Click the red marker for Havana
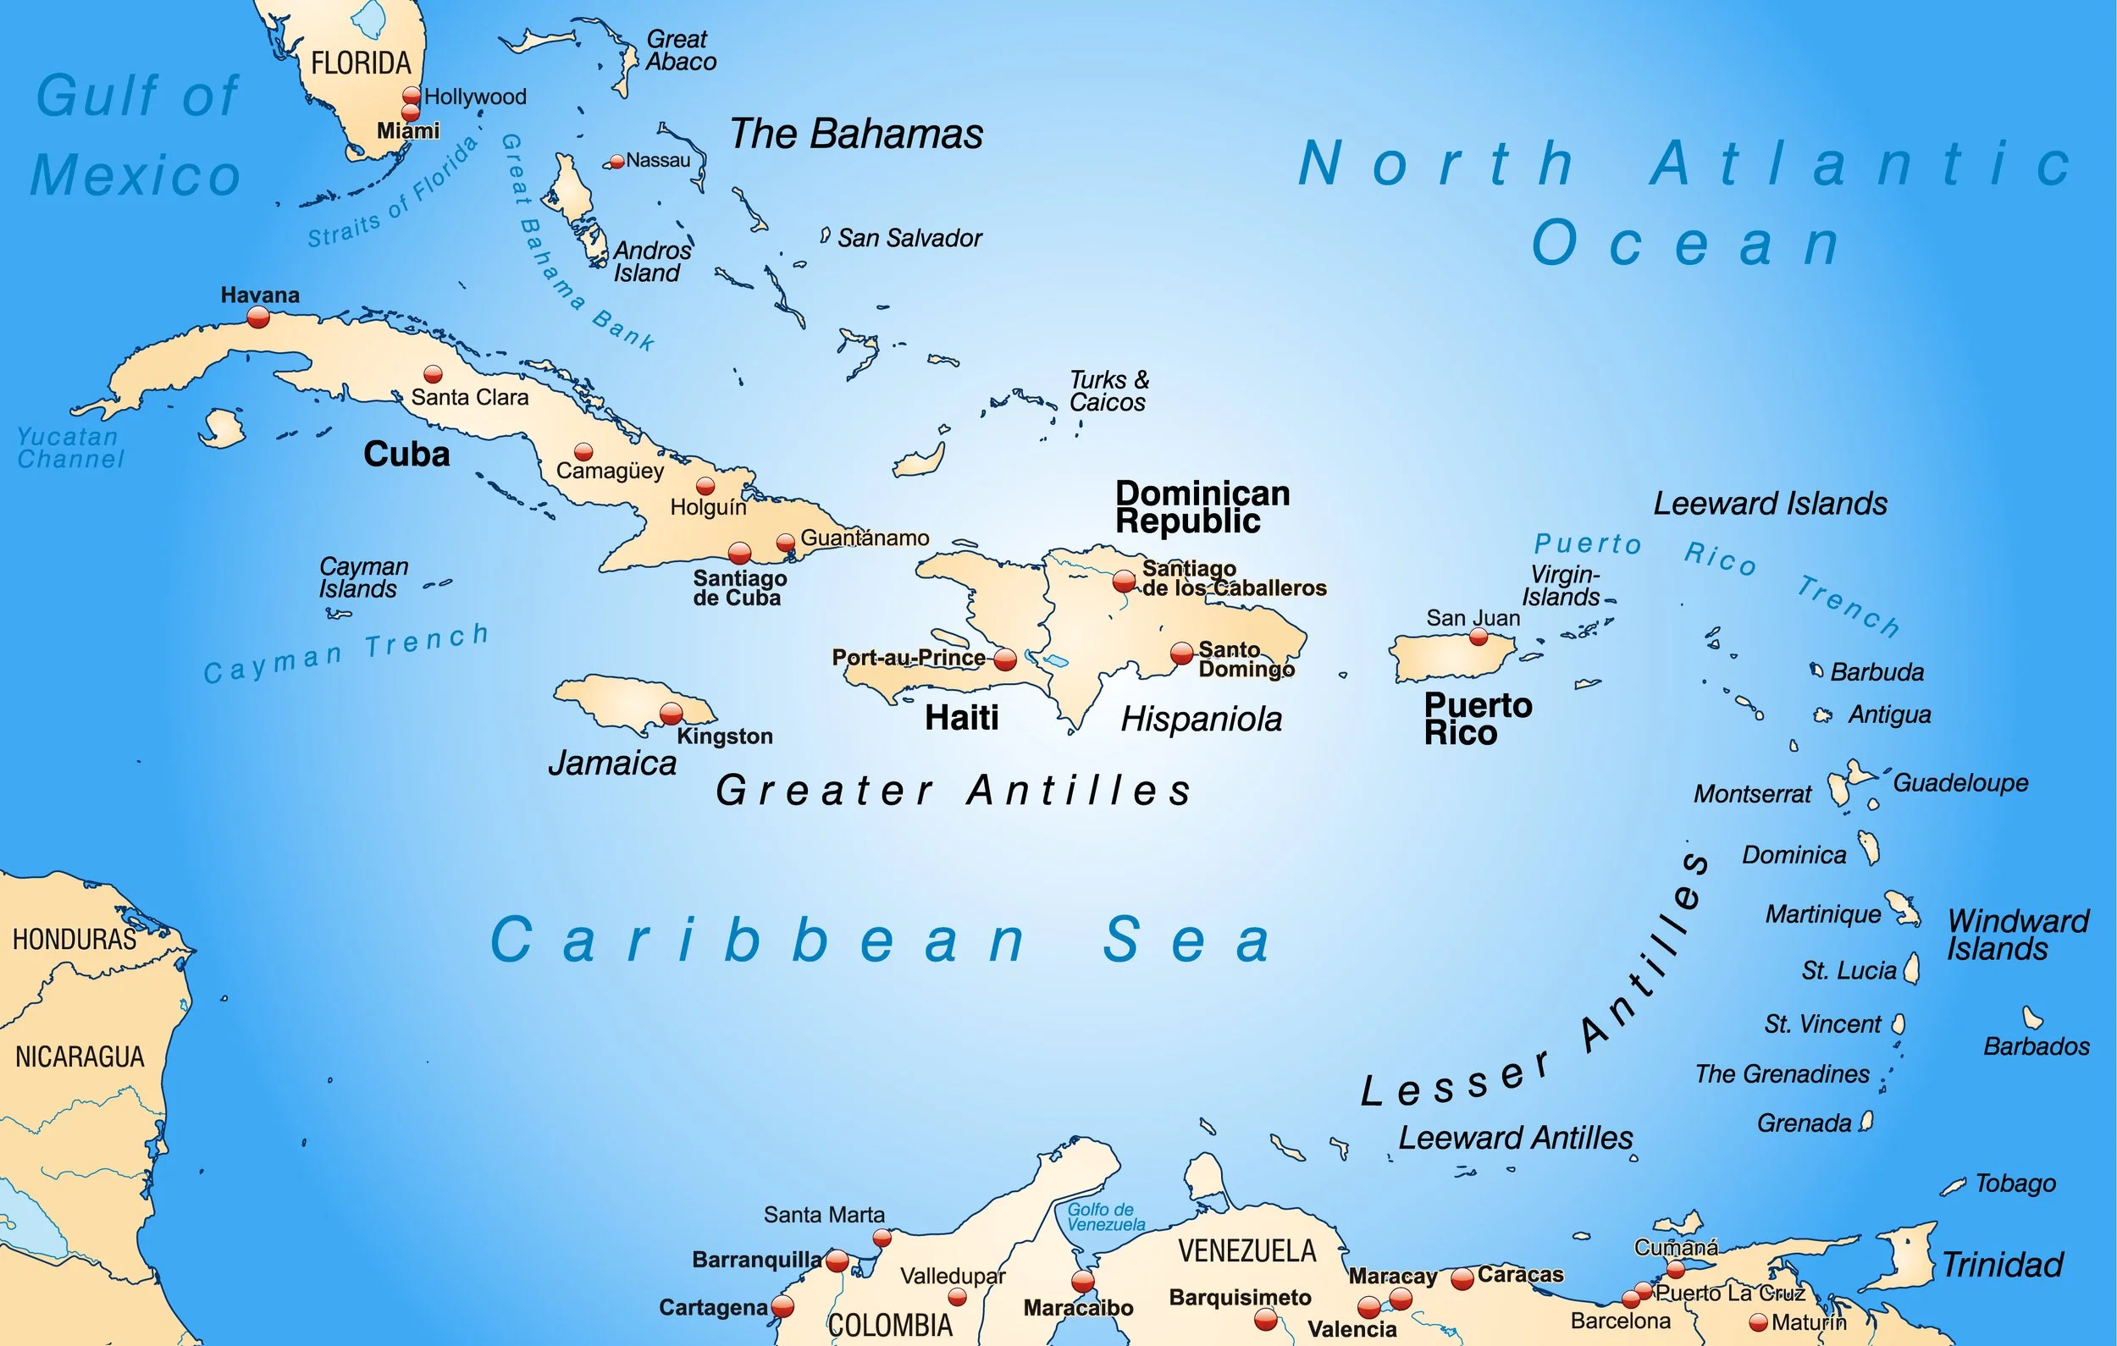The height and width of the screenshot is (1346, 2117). pos(257,317)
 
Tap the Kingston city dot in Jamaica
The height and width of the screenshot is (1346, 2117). pos(671,713)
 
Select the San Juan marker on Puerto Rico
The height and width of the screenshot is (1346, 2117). pos(1479,637)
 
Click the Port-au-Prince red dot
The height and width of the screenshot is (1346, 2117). pos(1005,659)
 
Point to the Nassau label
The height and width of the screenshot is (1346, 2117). pos(658,161)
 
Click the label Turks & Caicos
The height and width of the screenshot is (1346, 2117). pos(1108,391)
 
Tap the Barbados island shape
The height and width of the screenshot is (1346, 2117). pos(2031,1018)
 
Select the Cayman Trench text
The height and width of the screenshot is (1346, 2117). pos(346,654)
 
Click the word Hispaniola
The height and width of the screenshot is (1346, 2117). pos(1201,720)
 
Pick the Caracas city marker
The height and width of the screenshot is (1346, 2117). pos(1462,1279)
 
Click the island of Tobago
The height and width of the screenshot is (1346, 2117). pos(1954,1187)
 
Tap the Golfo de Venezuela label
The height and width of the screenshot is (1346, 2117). pos(1105,1216)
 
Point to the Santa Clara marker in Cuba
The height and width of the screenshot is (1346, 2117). pos(433,374)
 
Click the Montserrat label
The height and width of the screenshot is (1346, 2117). pos(1752,795)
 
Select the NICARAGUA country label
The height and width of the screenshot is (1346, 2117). pos(80,1056)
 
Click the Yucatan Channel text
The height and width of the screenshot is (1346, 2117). pos(70,448)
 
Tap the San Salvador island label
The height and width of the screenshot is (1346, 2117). pos(909,238)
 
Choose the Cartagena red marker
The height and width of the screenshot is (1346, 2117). pos(782,1306)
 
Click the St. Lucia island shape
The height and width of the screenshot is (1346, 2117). pos(1911,968)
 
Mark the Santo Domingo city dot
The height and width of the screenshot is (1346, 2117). pos(1181,653)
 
